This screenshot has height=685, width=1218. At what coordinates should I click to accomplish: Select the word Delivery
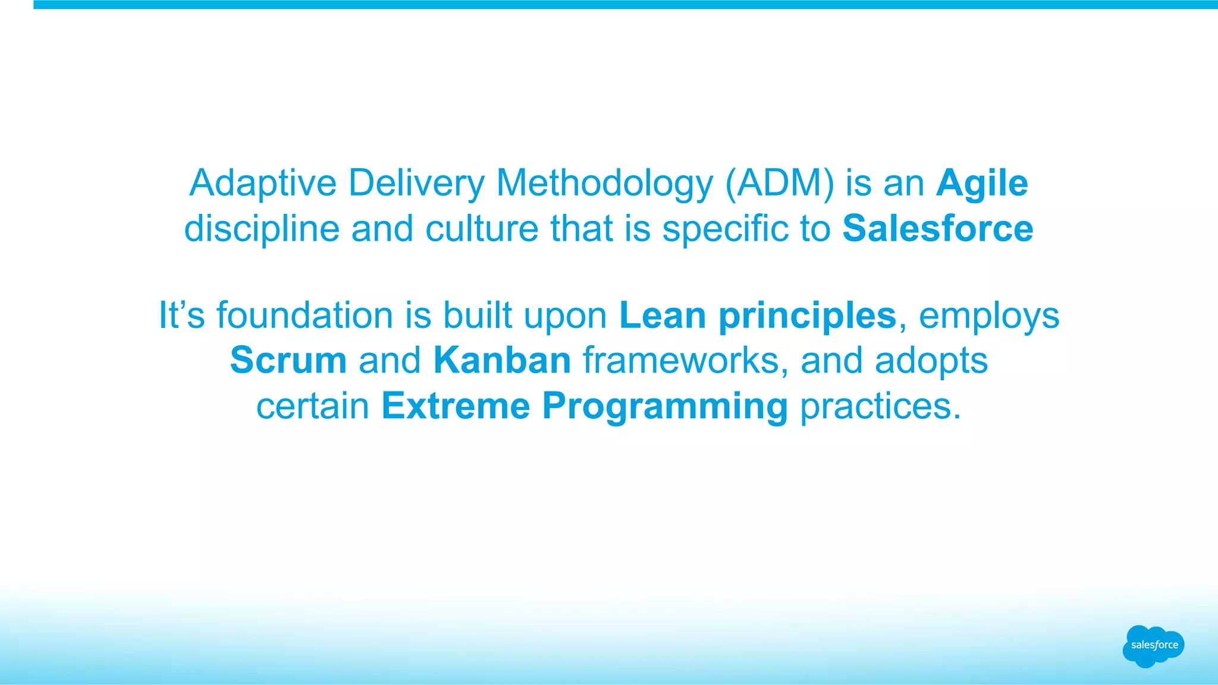click(x=416, y=183)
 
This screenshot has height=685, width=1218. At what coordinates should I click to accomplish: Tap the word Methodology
click(x=604, y=183)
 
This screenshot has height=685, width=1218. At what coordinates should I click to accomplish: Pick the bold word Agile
click(x=982, y=183)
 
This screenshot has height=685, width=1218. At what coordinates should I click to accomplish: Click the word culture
click(x=482, y=229)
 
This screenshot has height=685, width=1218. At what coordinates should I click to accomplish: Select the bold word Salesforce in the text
click(x=938, y=229)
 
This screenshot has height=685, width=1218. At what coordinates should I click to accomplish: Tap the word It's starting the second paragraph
click(x=181, y=315)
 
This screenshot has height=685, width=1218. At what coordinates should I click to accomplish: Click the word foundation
click(x=304, y=315)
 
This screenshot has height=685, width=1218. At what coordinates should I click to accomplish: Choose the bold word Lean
click(x=663, y=315)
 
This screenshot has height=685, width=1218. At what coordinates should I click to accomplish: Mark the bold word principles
click(x=807, y=316)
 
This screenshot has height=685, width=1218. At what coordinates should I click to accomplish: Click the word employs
click(x=989, y=316)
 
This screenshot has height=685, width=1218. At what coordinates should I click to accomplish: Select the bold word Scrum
click(x=288, y=361)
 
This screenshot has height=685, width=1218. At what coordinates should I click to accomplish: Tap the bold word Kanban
click(x=502, y=361)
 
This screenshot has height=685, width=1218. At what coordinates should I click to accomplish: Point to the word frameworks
click(x=681, y=361)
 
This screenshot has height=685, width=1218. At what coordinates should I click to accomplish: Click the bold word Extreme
click(x=456, y=406)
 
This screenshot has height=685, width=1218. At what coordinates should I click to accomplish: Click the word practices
click(x=880, y=406)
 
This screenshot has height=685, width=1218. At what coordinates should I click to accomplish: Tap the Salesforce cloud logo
click(x=1153, y=646)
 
